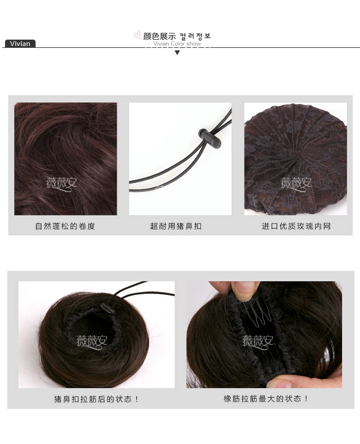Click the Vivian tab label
[x=20, y=44]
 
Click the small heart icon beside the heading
[x=137, y=35]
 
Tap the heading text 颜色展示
[x=159, y=36]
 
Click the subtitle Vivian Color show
[x=177, y=44]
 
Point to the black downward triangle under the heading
[x=177, y=53]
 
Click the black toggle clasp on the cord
[x=210, y=139]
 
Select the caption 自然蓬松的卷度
[x=65, y=226]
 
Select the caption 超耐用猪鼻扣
[x=176, y=226]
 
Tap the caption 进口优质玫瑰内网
[x=296, y=226]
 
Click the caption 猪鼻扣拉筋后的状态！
[x=96, y=399]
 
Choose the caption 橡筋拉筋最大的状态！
[x=266, y=399]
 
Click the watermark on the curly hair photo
[x=62, y=183]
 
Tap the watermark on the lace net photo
[x=296, y=183]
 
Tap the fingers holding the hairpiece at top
[x=232, y=288]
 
